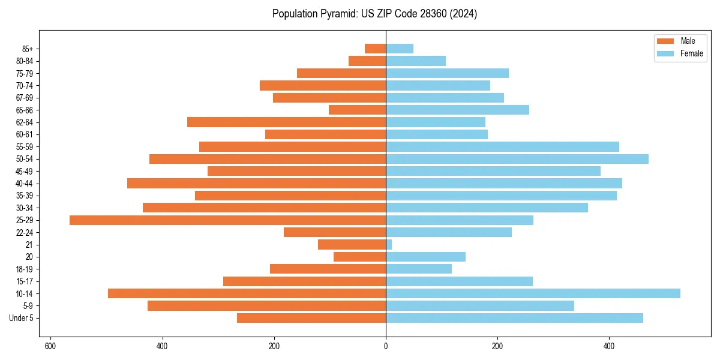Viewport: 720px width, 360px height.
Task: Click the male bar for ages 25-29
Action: (227, 220)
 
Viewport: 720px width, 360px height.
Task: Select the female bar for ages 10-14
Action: (533, 293)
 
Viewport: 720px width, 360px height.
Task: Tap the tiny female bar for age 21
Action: (389, 245)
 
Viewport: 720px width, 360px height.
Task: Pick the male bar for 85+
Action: (375, 49)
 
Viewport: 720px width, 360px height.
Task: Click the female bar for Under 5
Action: (514, 318)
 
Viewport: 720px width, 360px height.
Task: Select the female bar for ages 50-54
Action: (517, 159)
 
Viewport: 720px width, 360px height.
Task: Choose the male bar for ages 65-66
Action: (357, 110)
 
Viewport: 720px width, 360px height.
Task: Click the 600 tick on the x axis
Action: (50, 346)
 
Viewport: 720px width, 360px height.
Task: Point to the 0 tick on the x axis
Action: (386, 346)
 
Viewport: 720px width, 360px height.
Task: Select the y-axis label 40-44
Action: (25, 184)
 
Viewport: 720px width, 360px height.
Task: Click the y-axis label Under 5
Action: (22, 318)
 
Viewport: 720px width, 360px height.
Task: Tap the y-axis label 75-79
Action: (25, 73)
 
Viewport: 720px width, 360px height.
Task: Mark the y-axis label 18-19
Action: (25, 269)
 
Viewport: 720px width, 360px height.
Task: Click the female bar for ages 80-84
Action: (416, 61)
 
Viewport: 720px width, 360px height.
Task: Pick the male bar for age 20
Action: (359, 257)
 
